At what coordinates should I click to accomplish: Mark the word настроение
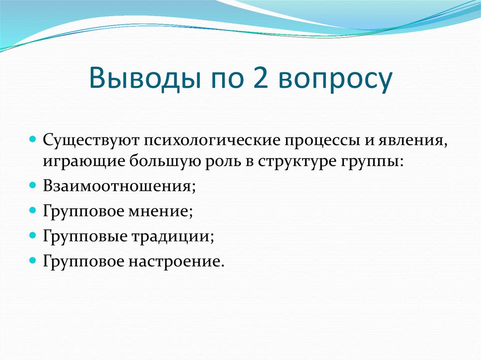coord(175,260)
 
